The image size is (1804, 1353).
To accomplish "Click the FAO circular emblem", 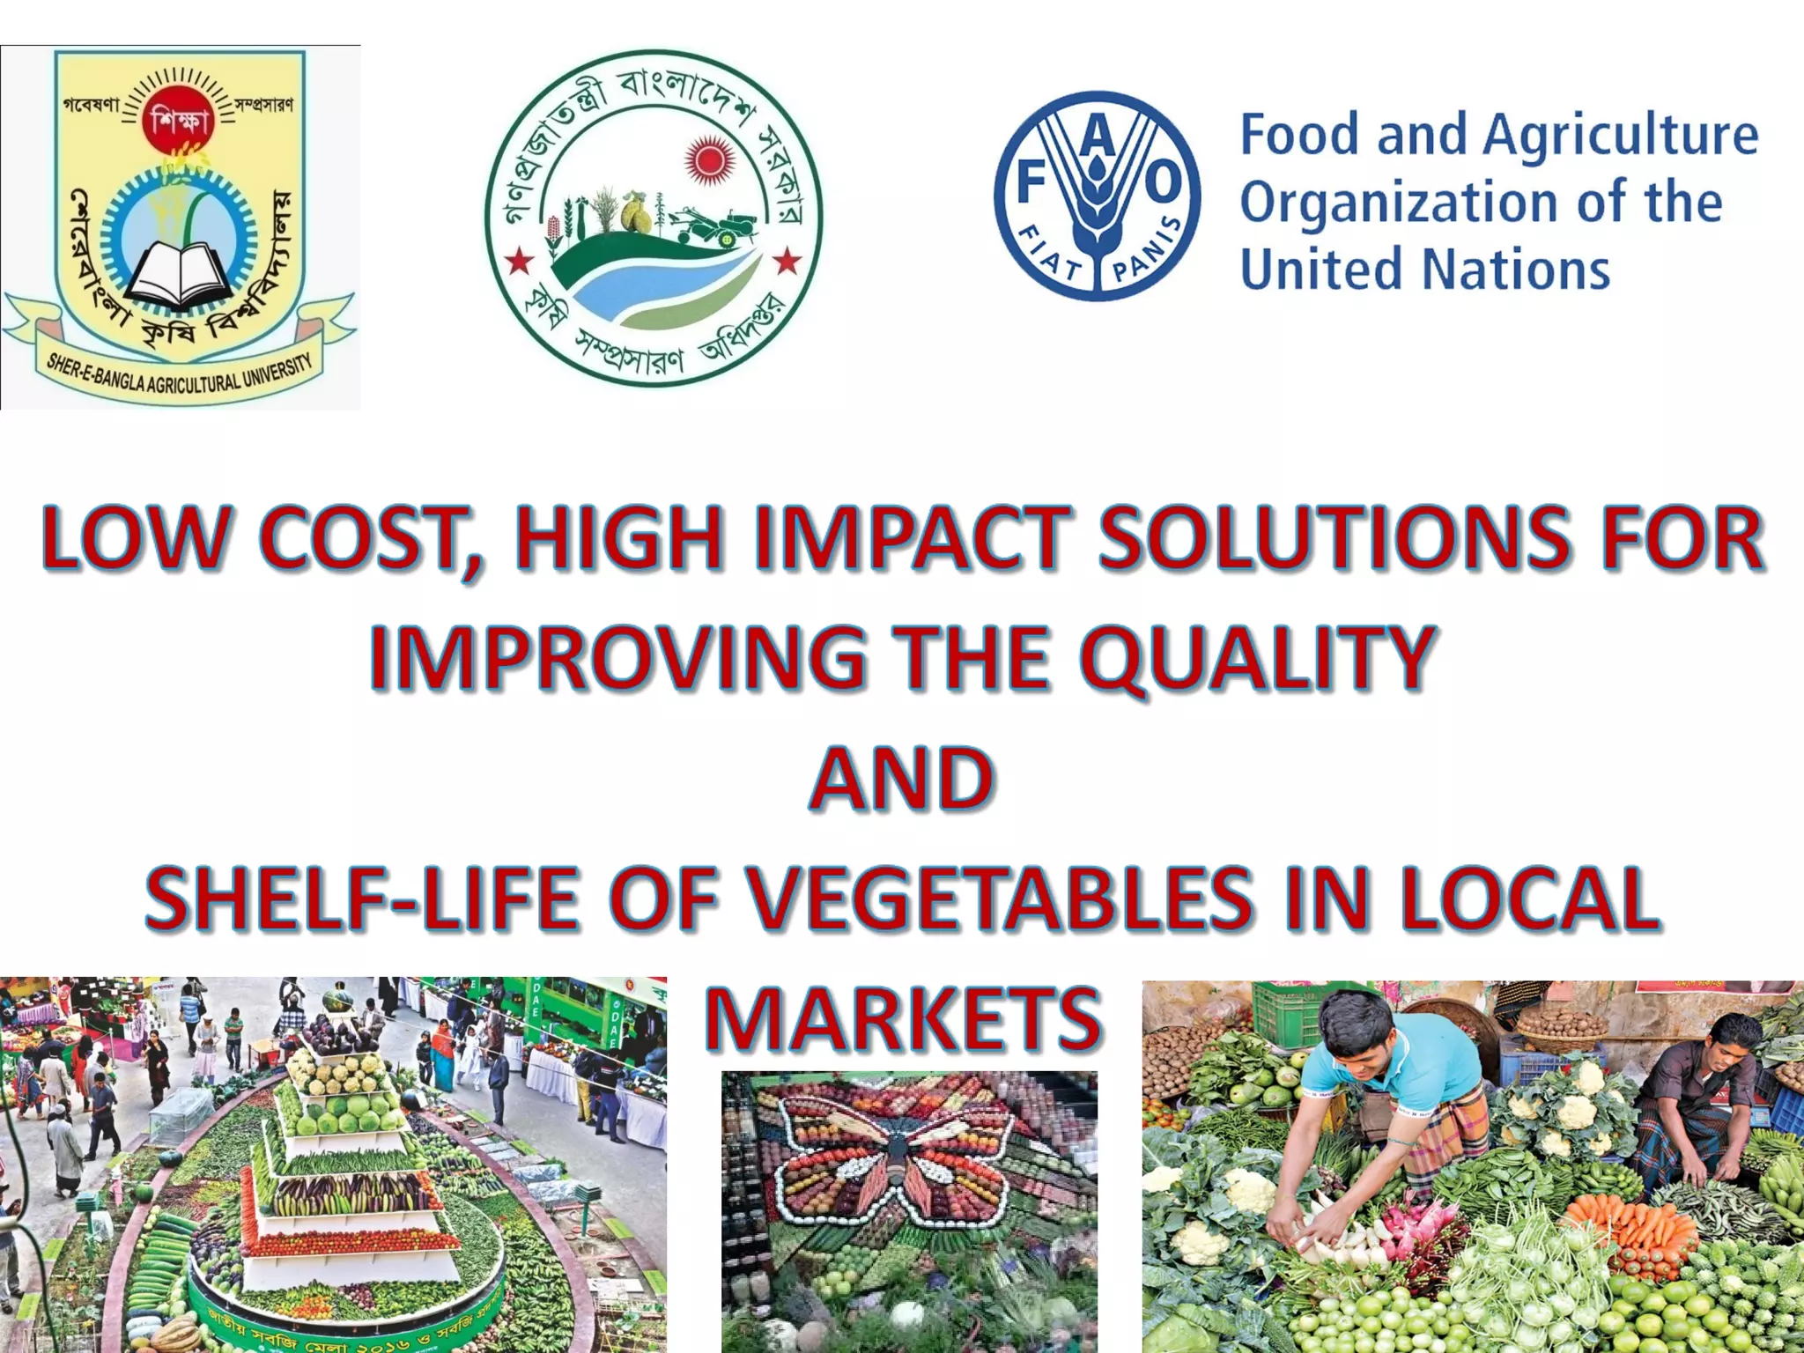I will pyautogui.click(x=1098, y=196).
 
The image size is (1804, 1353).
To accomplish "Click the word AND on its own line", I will pyautogui.click(x=902, y=779).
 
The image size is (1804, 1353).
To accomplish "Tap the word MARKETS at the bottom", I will pyautogui.click(x=902, y=1018).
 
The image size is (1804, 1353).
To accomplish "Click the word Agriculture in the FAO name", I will pyautogui.click(x=1621, y=137).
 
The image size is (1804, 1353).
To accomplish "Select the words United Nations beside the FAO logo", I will pyautogui.click(x=1425, y=269).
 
